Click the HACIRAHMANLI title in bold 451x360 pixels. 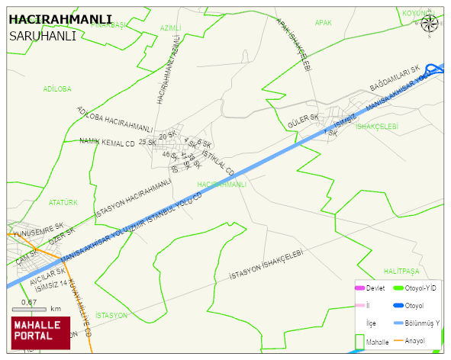click(60, 19)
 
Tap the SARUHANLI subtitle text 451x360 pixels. click(42, 35)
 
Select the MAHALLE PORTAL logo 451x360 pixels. click(40, 332)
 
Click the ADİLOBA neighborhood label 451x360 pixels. click(57, 88)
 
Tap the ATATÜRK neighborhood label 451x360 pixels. click(63, 203)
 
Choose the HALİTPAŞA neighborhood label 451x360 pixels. click(401, 271)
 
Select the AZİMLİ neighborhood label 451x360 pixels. click(170, 27)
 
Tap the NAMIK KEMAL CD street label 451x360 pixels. click(107, 142)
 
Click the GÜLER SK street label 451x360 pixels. click(302, 122)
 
